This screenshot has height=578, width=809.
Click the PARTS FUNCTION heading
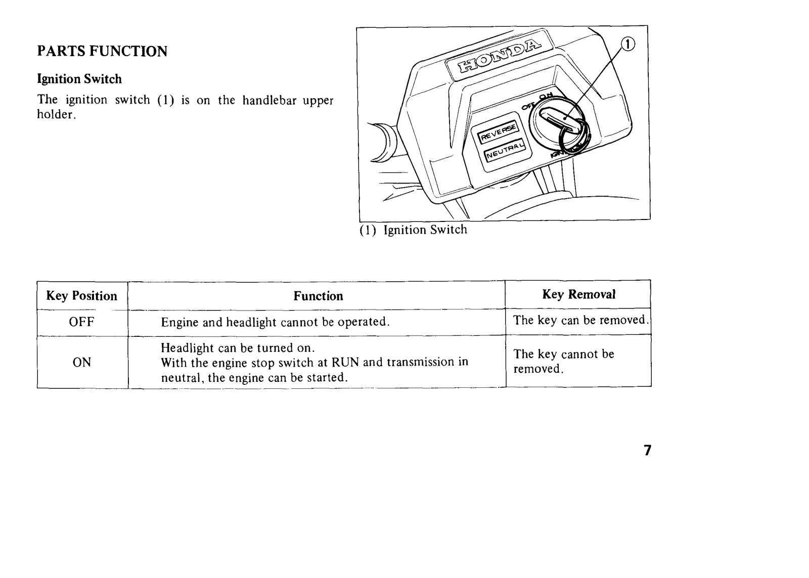(102, 51)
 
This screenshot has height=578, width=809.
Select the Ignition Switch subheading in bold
(79, 79)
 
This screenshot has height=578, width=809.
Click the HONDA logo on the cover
(499, 55)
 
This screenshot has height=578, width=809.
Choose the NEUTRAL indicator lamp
(505, 150)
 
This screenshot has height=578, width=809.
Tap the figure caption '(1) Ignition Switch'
(413, 230)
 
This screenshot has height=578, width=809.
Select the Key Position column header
(81, 296)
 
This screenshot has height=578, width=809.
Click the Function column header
(318, 296)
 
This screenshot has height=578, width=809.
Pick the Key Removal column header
(579, 294)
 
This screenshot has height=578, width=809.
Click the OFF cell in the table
(81, 322)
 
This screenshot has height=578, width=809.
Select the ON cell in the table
(81, 363)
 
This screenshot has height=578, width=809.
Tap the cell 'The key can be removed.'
(579, 320)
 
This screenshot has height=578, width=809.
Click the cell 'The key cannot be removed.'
(564, 361)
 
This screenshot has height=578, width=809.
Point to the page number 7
(648, 450)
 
